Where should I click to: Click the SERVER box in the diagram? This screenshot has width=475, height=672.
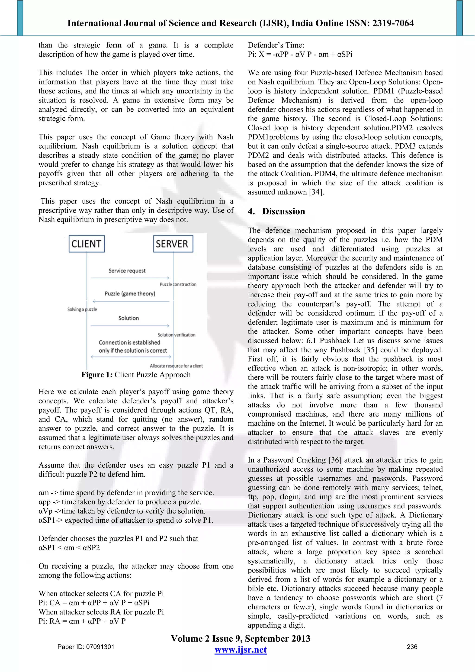[173, 244]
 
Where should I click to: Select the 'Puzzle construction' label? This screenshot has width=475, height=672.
[178, 284]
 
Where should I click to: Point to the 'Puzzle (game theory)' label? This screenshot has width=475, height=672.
[130, 294]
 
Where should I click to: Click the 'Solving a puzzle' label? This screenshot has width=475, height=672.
[82, 309]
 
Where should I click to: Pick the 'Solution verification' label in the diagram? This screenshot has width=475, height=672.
[177, 335]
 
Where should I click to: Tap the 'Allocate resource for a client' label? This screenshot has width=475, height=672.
[176, 366]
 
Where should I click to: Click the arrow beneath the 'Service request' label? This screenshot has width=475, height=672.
[130, 278]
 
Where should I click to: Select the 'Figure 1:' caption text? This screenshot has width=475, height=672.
[96, 375]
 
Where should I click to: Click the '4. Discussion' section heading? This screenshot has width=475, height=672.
[276, 211]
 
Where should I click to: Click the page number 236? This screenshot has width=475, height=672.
[412, 647]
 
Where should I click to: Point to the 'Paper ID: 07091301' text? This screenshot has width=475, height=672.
[86, 647]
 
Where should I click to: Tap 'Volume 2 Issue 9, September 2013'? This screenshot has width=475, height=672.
[240, 638]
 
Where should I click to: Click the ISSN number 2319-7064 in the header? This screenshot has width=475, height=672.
[393, 23]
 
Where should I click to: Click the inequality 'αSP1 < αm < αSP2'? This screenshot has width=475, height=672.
[69, 548]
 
